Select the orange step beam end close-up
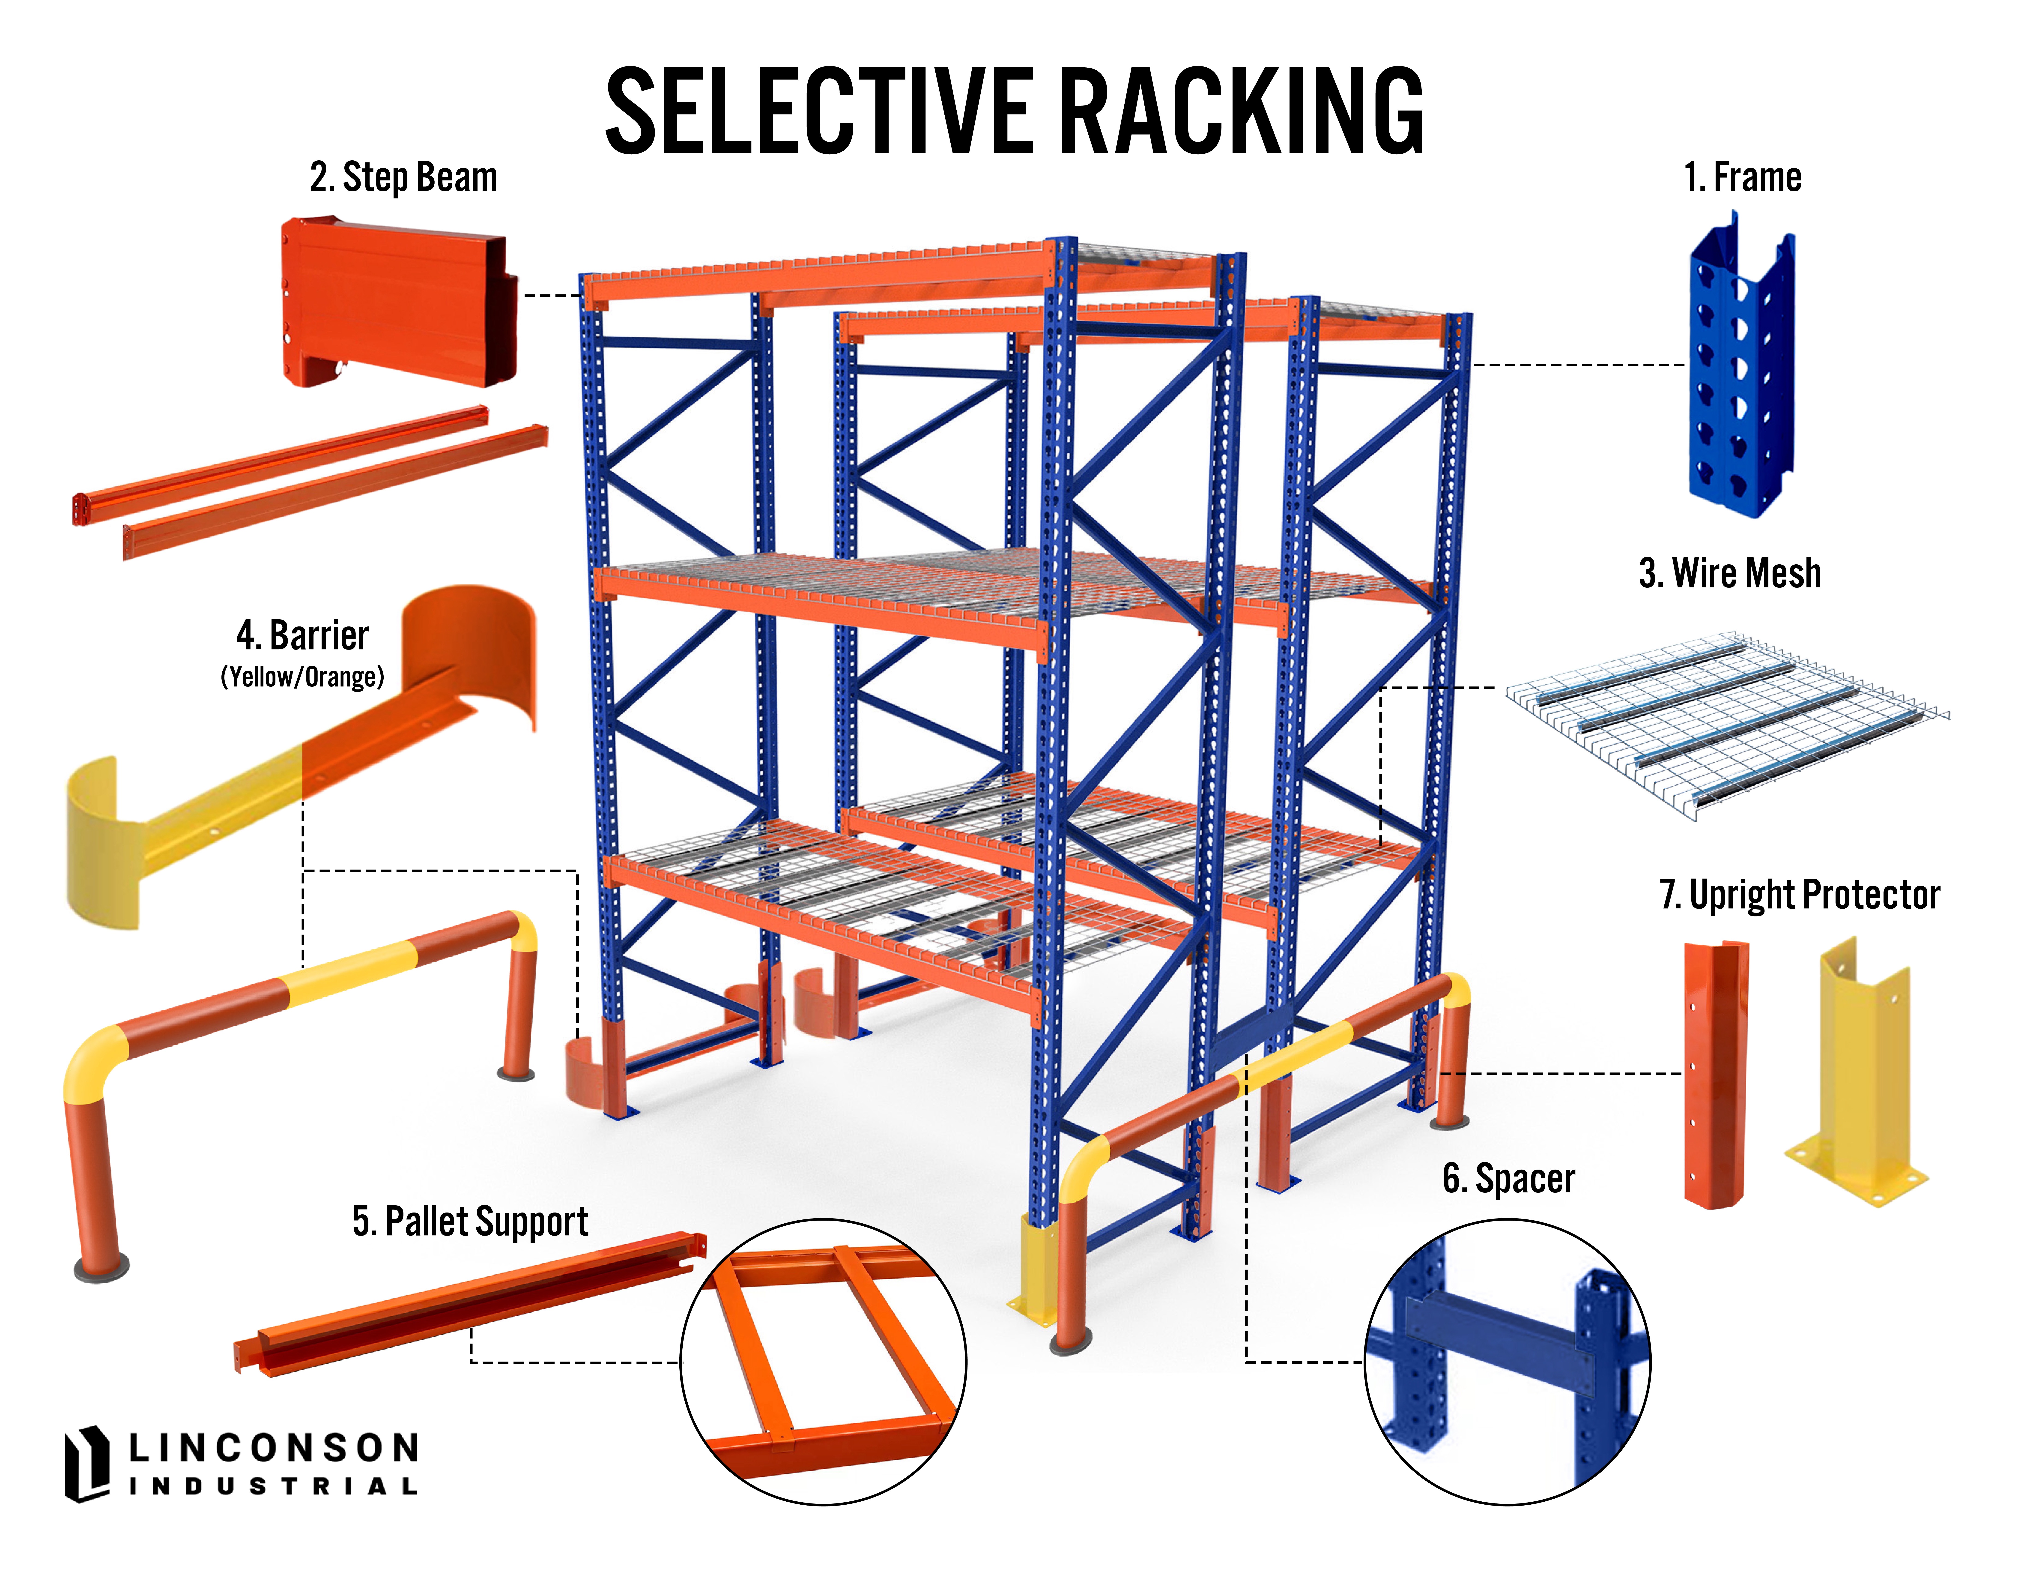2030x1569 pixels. [400, 302]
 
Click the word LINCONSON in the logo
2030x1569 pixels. [273, 1447]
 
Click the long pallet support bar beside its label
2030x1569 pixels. [469, 1303]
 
